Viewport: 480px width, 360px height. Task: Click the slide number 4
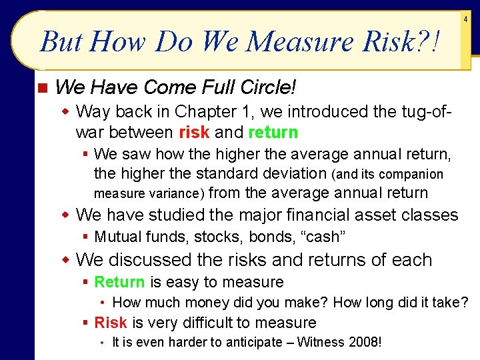click(x=466, y=20)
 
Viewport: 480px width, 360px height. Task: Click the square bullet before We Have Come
click(x=41, y=88)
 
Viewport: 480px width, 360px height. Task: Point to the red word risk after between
click(x=194, y=132)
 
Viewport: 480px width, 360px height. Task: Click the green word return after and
click(x=273, y=132)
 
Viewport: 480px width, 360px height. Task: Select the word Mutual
click(x=117, y=237)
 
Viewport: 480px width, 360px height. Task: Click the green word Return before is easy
click(x=119, y=282)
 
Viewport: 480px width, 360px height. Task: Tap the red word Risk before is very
click(x=111, y=323)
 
